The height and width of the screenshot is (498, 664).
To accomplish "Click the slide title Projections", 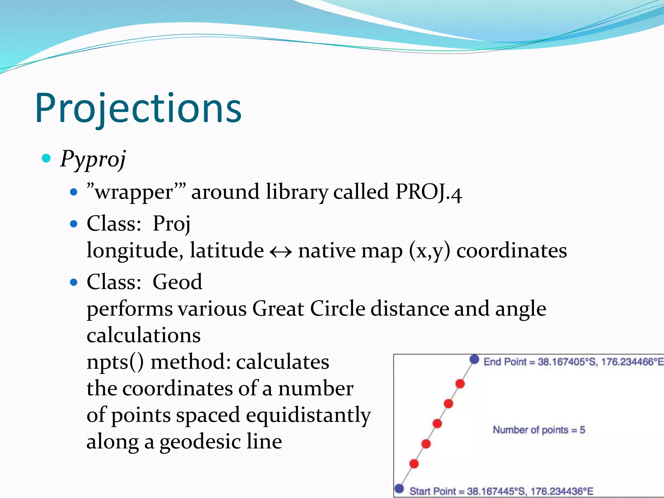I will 138,109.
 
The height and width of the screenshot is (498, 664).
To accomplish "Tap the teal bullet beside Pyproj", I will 47,158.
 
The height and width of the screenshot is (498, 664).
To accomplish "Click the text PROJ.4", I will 428,192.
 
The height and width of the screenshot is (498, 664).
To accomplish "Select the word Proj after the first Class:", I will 171,224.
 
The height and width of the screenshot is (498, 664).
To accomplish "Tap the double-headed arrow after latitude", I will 281,252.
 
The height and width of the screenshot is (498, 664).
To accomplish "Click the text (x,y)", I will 430,251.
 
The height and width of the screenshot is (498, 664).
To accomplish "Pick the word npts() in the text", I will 115,362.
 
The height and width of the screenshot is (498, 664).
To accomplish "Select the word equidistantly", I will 308,415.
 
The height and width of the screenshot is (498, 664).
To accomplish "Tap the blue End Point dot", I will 474,359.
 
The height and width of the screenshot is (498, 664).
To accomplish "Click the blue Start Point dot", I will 399,489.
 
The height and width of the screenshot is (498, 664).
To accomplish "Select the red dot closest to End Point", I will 460,384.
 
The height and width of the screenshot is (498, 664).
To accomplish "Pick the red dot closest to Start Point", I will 414,464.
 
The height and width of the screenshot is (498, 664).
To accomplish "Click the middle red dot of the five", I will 437,423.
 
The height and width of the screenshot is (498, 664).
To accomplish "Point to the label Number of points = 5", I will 539,430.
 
